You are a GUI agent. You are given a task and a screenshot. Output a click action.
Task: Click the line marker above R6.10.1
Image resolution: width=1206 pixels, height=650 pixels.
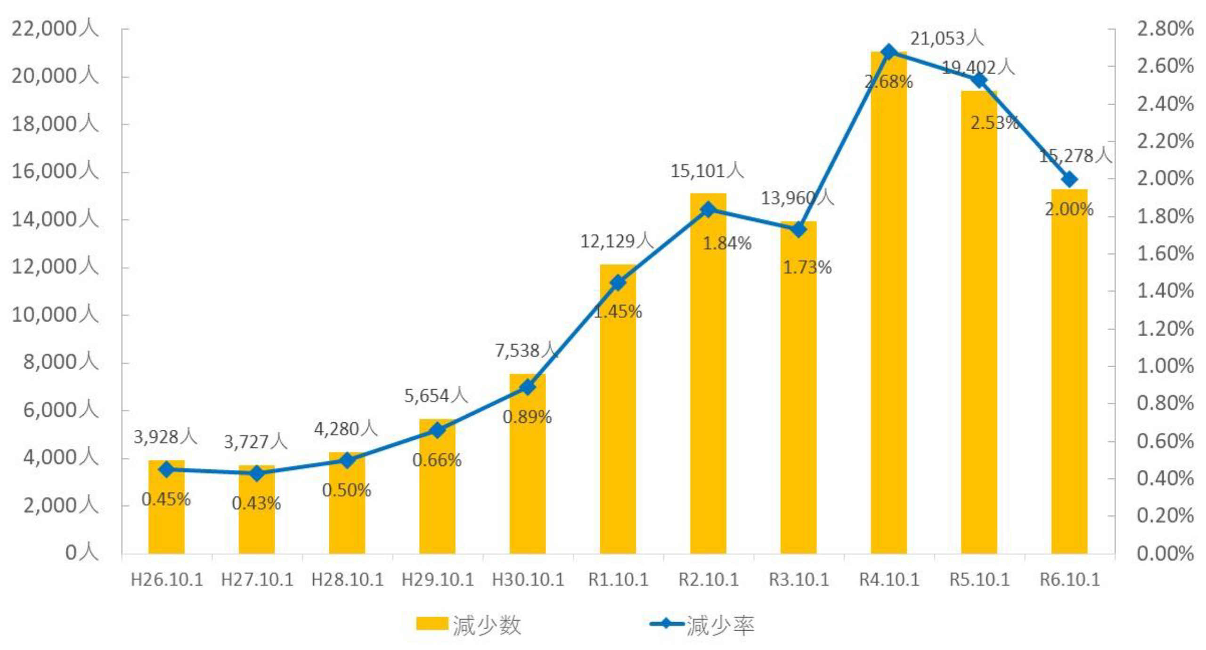click(x=1069, y=180)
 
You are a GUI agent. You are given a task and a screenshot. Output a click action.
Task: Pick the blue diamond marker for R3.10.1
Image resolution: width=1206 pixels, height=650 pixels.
click(x=799, y=230)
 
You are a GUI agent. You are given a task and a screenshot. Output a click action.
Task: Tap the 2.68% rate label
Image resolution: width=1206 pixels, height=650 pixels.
click(x=888, y=82)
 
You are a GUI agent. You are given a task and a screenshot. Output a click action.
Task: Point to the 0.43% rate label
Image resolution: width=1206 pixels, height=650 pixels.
click(x=256, y=503)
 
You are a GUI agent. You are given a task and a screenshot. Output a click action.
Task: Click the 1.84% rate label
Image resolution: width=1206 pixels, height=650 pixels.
click(x=727, y=244)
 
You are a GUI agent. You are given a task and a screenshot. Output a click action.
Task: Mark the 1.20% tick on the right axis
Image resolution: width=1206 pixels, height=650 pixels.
click(x=1165, y=329)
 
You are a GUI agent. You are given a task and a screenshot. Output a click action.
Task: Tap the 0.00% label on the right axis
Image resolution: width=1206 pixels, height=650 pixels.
click(x=1165, y=553)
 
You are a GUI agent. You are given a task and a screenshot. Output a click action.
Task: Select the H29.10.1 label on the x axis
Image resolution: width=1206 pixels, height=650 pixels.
click(x=438, y=580)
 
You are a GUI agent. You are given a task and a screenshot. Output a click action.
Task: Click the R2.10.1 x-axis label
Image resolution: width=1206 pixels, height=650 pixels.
click(x=709, y=580)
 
